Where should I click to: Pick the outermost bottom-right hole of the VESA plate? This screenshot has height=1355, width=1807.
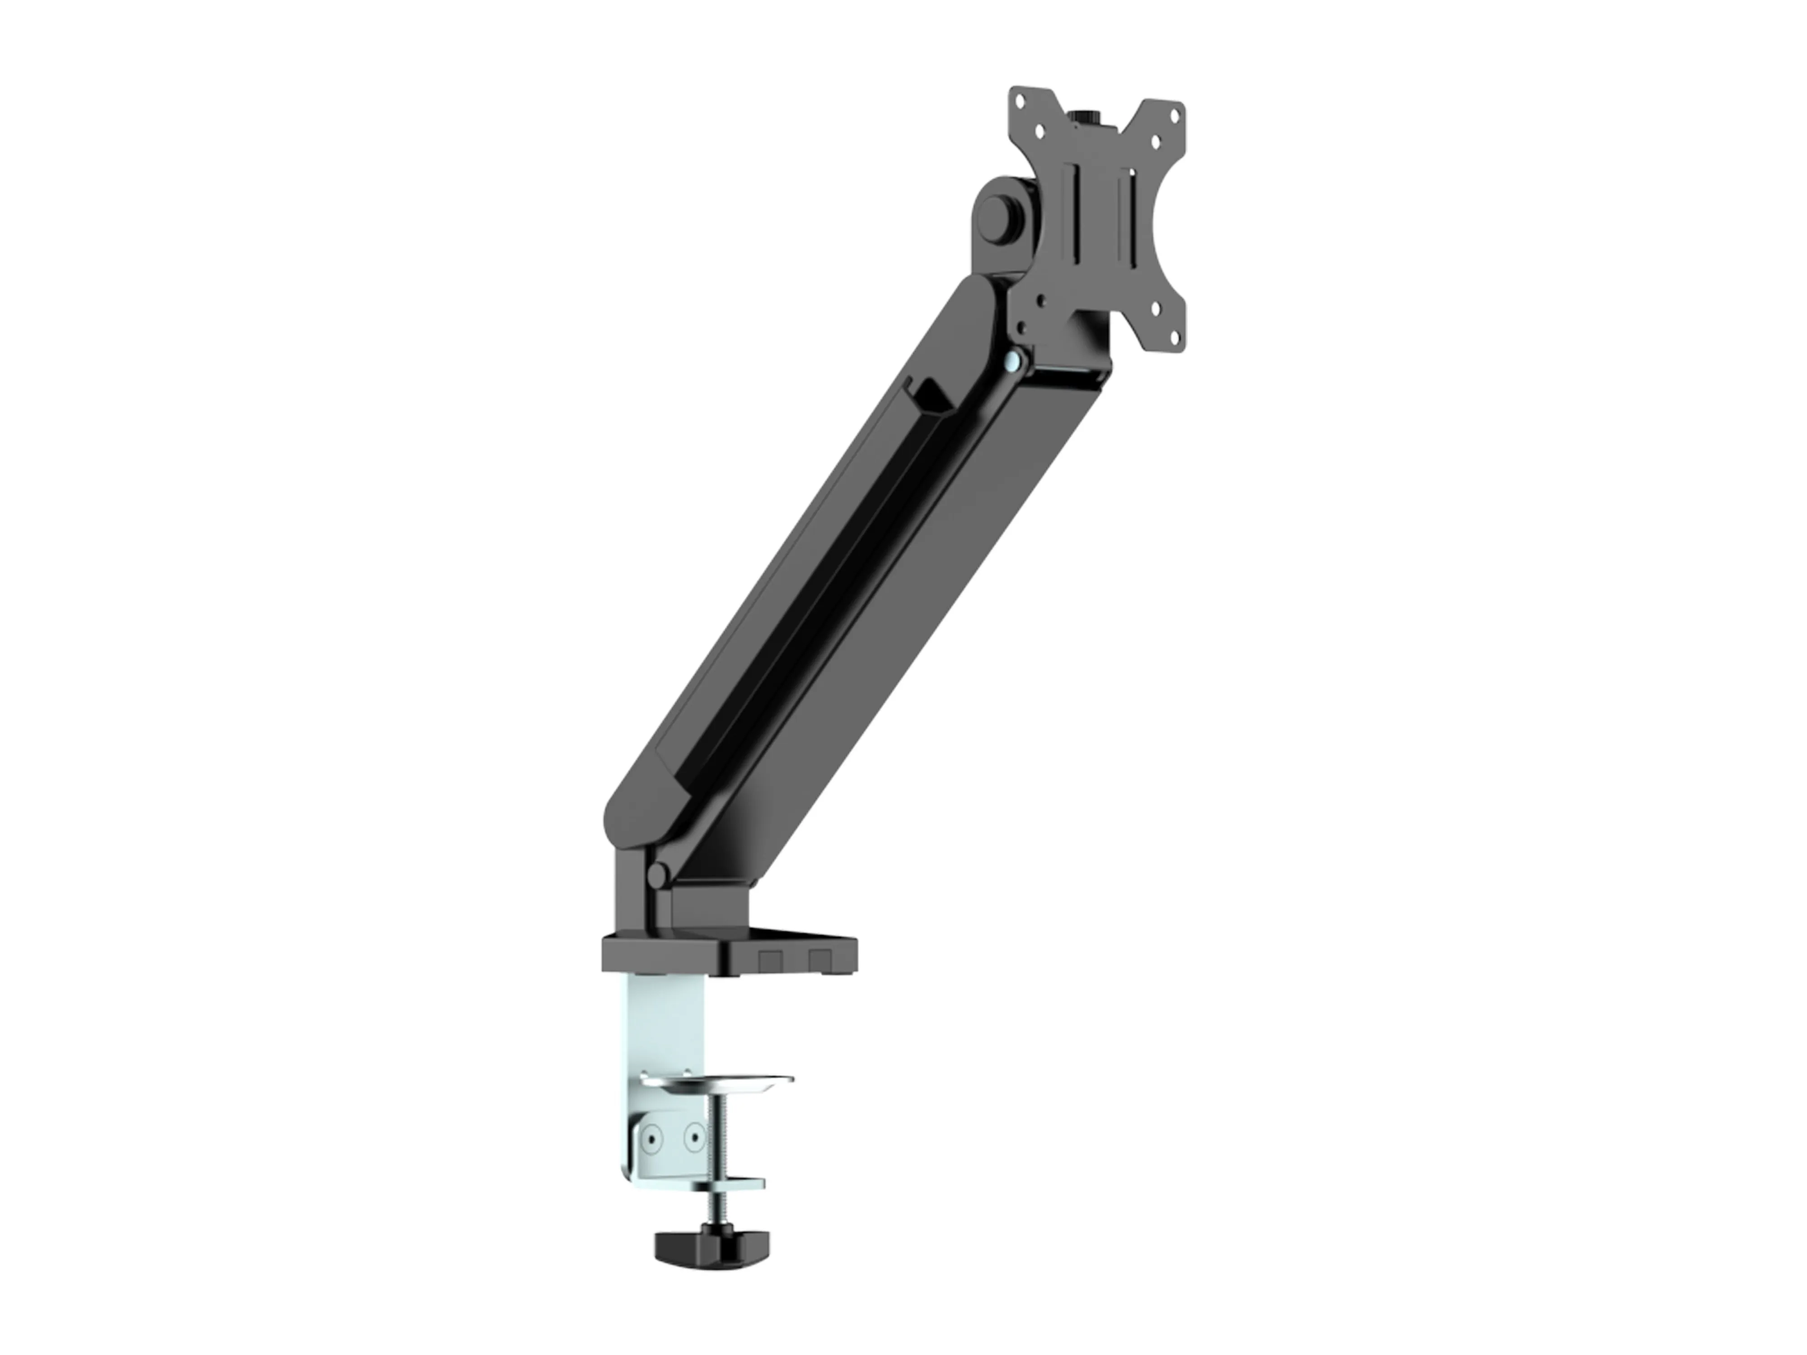[x=1175, y=334]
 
